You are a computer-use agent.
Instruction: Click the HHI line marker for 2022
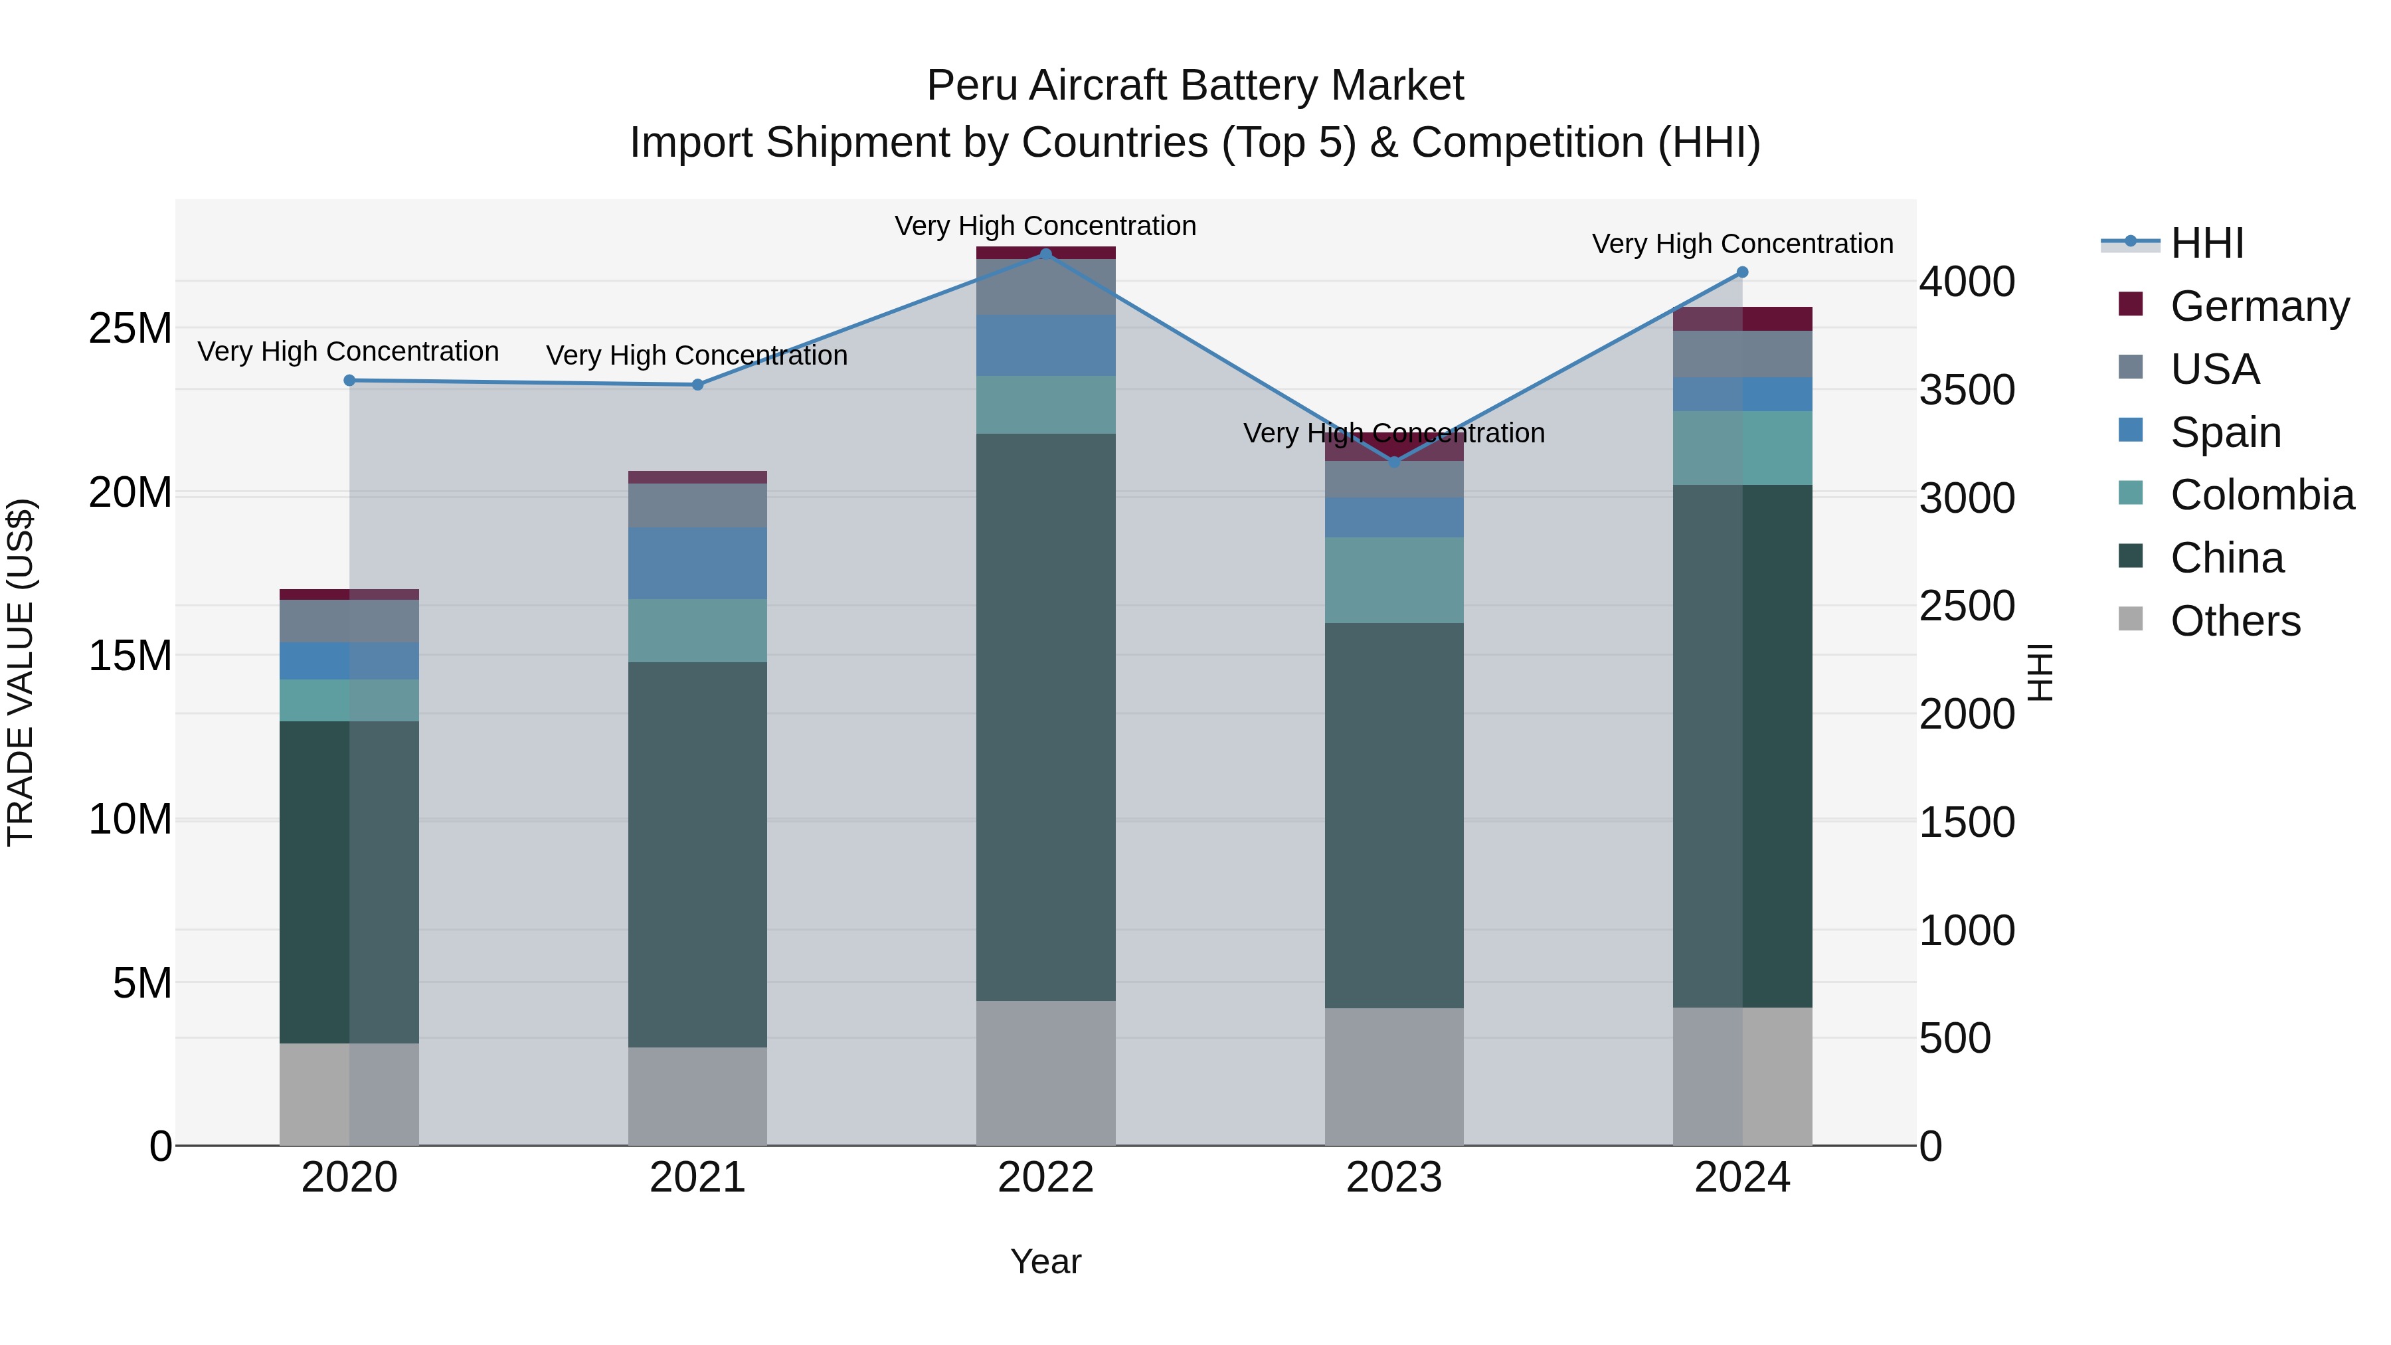tap(1045, 254)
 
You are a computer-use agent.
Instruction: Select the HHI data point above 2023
tap(1393, 462)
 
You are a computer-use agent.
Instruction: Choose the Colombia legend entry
tap(2261, 495)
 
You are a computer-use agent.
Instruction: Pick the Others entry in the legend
tap(2235, 621)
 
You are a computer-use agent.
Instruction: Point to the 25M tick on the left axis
tap(130, 329)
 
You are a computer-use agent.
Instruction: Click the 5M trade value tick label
tap(142, 983)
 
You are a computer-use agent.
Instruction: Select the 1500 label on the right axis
tap(1967, 822)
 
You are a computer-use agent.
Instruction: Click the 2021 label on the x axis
tap(697, 1178)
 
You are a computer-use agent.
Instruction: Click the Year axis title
tap(1045, 1261)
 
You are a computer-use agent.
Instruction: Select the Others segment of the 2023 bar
tap(1393, 1077)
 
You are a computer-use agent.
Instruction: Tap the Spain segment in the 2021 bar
tap(697, 563)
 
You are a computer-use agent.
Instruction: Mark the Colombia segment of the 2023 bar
tap(1393, 579)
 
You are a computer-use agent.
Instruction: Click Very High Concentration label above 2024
tap(1741, 244)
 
